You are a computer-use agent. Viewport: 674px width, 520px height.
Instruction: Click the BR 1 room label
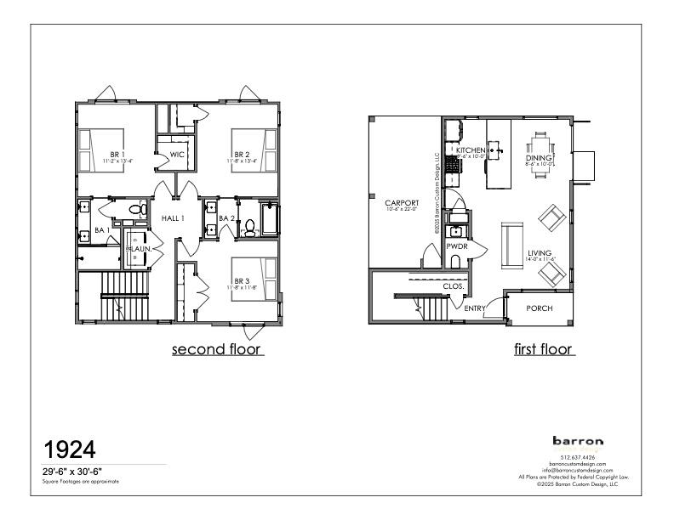tap(115, 155)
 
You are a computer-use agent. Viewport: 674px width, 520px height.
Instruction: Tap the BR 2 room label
tap(243, 155)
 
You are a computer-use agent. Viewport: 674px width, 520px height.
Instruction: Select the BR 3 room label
tap(243, 281)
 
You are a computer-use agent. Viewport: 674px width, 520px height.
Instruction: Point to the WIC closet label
tap(177, 155)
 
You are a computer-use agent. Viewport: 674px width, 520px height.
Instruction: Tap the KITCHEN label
tap(471, 150)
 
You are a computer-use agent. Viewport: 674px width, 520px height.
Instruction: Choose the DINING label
tap(540, 159)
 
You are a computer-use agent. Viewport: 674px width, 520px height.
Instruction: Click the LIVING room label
tap(540, 253)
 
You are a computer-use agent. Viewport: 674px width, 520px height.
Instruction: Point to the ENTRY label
tap(475, 308)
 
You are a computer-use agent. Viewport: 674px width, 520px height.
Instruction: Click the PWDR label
tap(456, 246)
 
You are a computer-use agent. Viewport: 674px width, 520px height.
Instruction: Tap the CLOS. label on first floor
tap(454, 286)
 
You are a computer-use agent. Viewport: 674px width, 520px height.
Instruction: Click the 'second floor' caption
tap(217, 349)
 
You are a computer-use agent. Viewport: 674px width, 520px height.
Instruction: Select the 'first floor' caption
tap(544, 349)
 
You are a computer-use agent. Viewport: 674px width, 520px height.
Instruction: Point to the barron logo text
tap(578, 441)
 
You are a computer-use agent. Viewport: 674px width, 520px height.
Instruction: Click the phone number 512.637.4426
tap(578, 458)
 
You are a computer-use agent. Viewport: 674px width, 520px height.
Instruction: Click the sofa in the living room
tap(512, 244)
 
